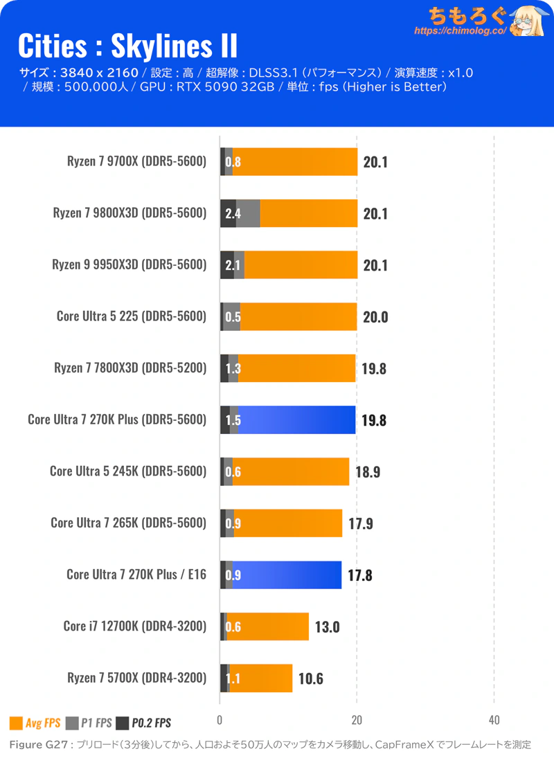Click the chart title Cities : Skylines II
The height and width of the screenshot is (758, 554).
click(x=127, y=46)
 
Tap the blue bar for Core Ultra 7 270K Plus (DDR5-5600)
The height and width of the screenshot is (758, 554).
click(x=298, y=419)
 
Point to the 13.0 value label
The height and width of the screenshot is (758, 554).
click(x=328, y=627)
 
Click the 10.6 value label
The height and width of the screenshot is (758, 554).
click(x=311, y=678)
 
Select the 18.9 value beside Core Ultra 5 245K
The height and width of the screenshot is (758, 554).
click(x=368, y=472)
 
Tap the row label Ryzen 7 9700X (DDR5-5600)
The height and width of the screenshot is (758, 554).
click(x=137, y=161)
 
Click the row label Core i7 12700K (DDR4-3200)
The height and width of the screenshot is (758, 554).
click(x=135, y=626)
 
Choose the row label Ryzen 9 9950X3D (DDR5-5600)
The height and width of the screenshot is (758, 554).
click(x=129, y=264)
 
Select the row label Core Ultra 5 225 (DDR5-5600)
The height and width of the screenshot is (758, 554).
click(x=132, y=316)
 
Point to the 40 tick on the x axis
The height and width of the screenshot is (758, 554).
click(x=494, y=719)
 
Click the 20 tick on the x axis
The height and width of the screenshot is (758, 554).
click(x=357, y=719)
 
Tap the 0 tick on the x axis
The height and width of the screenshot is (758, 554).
click(x=220, y=719)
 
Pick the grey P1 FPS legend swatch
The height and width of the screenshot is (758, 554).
click(x=73, y=723)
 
